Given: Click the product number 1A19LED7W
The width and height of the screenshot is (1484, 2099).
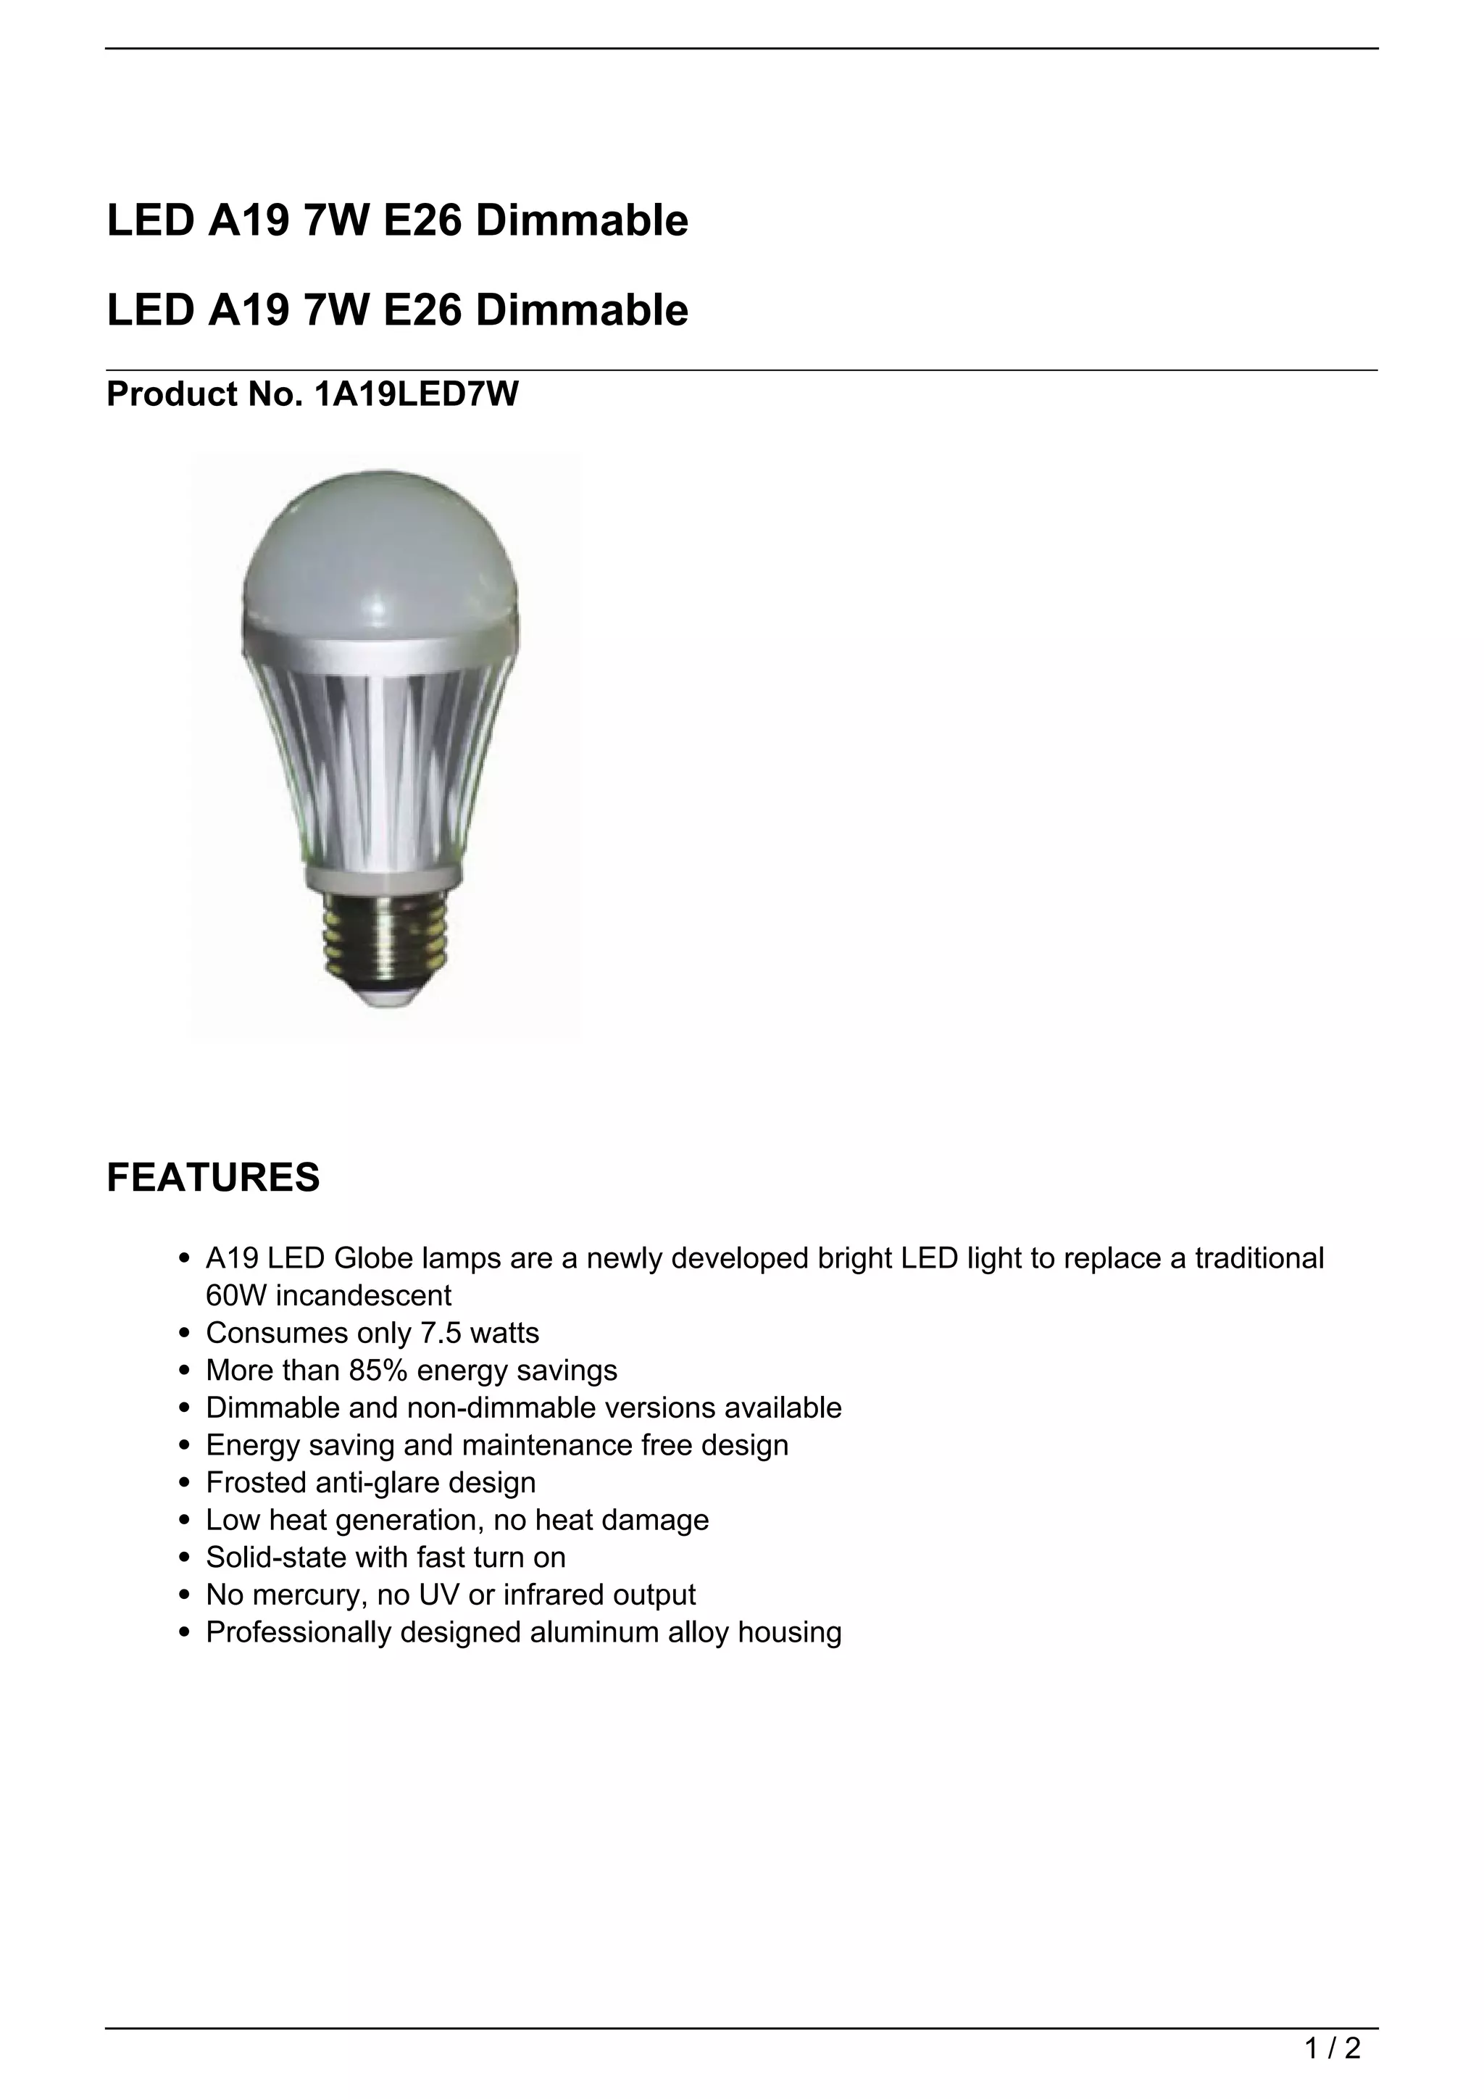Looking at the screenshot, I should pyautogui.click(x=416, y=394).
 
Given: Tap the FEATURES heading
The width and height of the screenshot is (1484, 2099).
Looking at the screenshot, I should pyautogui.click(x=213, y=1178).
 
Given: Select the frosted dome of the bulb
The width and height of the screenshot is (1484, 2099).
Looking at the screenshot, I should pyautogui.click(x=381, y=549).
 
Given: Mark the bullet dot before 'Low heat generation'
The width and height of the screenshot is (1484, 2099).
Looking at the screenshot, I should pyautogui.click(x=185, y=1521).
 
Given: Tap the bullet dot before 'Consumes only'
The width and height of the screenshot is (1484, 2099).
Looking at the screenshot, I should pyautogui.click(x=185, y=1334).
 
